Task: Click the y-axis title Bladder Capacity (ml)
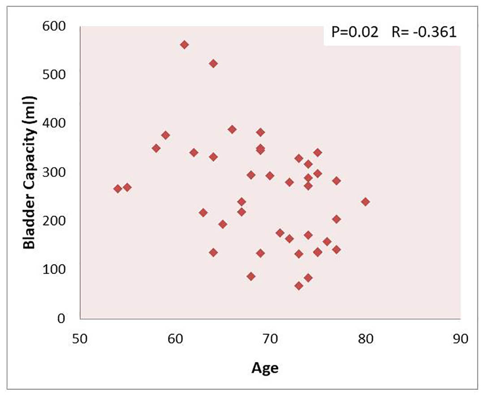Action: (30, 172)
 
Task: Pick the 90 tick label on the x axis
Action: (461, 339)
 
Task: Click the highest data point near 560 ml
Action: (184, 45)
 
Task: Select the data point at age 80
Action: (365, 202)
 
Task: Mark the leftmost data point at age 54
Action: (118, 189)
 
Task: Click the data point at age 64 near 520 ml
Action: (213, 64)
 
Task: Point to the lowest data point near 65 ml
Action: (299, 286)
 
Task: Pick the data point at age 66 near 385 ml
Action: (232, 129)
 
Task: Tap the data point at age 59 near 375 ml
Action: (165, 135)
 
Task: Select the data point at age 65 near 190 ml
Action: (223, 224)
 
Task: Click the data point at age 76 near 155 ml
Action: (327, 242)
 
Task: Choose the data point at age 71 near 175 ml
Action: (280, 233)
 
